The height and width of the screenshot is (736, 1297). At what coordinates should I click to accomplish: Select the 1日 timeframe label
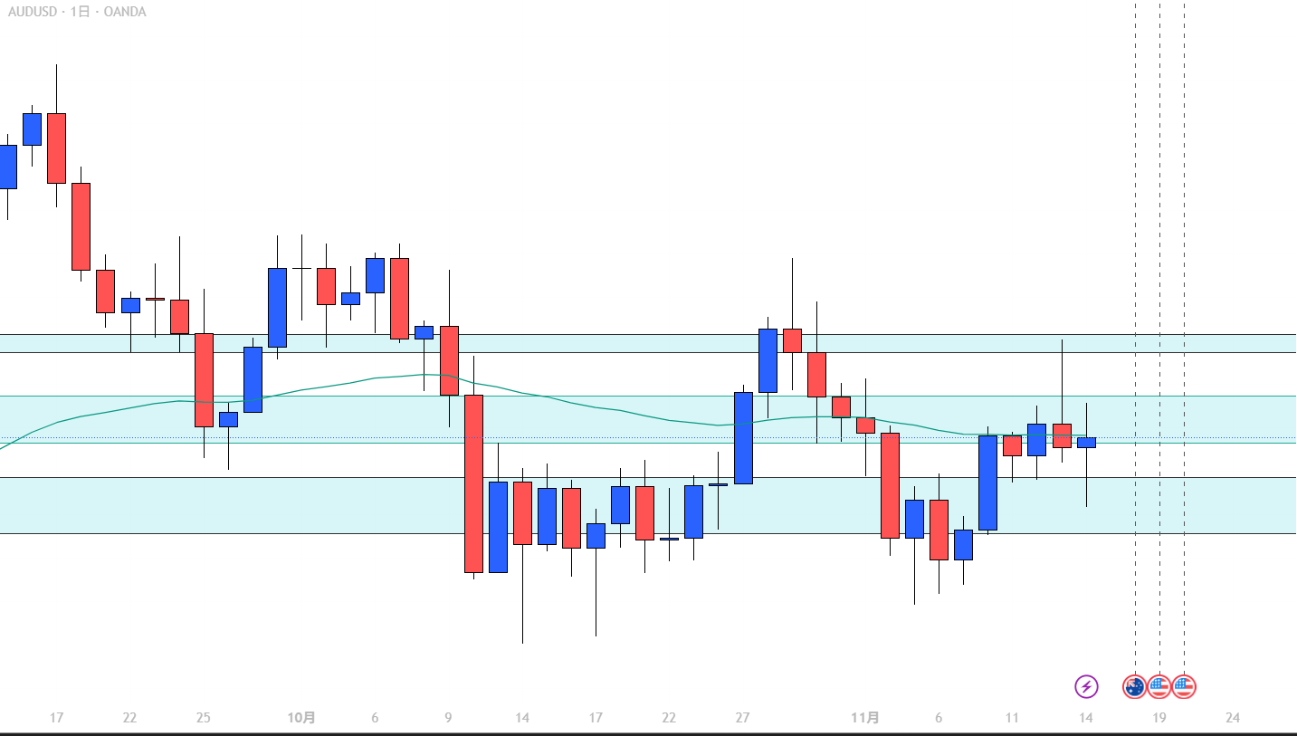[80, 12]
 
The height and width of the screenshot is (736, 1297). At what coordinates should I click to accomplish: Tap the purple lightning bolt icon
[1086, 686]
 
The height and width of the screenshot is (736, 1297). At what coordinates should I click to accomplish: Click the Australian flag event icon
[1135, 686]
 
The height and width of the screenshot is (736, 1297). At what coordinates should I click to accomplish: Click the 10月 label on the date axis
[301, 718]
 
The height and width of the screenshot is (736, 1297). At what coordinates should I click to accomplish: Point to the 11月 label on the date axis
[865, 718]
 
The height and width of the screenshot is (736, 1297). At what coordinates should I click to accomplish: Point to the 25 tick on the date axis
[203, 718]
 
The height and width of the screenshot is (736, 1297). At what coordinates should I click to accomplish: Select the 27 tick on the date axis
[742, 718]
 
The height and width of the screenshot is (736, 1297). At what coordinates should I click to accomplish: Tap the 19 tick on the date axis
[1159, 718]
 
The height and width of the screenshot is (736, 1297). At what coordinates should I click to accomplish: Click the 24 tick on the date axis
[1232, 718]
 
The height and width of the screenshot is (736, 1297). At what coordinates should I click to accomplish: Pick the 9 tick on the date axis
[448, 718]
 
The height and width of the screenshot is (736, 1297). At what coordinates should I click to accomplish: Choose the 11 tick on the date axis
[1012, 718]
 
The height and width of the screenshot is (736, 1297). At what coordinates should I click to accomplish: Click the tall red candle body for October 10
[473, 483]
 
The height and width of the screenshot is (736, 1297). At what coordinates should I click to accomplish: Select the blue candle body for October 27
[743, 437]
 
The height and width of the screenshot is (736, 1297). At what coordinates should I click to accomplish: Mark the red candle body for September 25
[204, 379]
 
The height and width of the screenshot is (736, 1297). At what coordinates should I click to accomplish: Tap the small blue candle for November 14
[1086, 443]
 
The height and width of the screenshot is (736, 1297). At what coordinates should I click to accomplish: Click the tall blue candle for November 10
[987, 483]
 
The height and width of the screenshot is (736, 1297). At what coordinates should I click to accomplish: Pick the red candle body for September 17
[56, 148]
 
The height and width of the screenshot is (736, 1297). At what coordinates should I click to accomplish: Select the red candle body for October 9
[449, 360]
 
